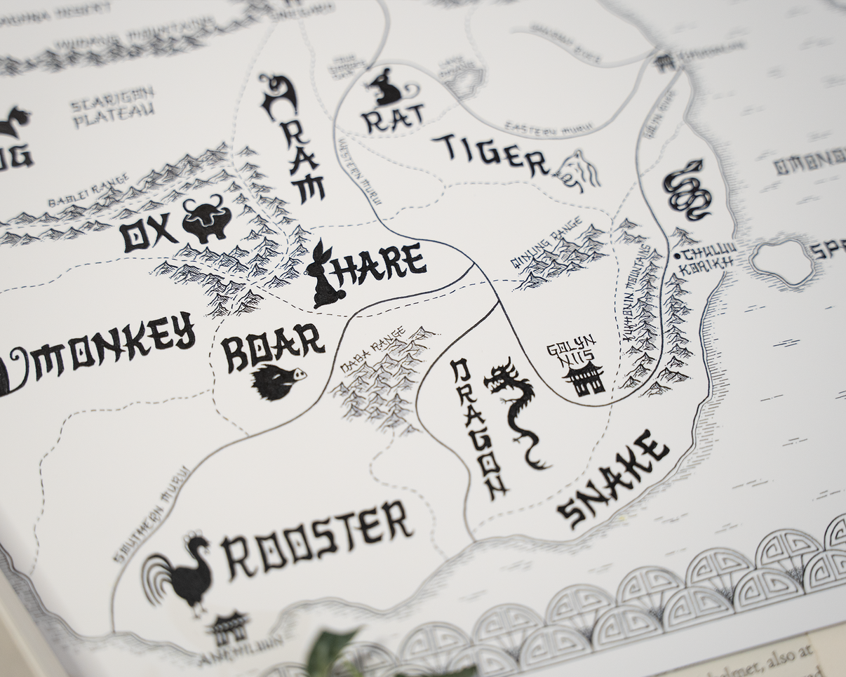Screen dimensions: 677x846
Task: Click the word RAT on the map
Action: pos(393,118)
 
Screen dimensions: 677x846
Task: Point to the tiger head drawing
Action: pos(579,171)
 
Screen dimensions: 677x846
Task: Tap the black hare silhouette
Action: pos(325,276)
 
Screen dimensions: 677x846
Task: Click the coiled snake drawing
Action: pos(687,190)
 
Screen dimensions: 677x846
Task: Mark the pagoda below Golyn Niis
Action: pos(584,379)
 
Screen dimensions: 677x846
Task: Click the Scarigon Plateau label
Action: pos(113,109)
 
